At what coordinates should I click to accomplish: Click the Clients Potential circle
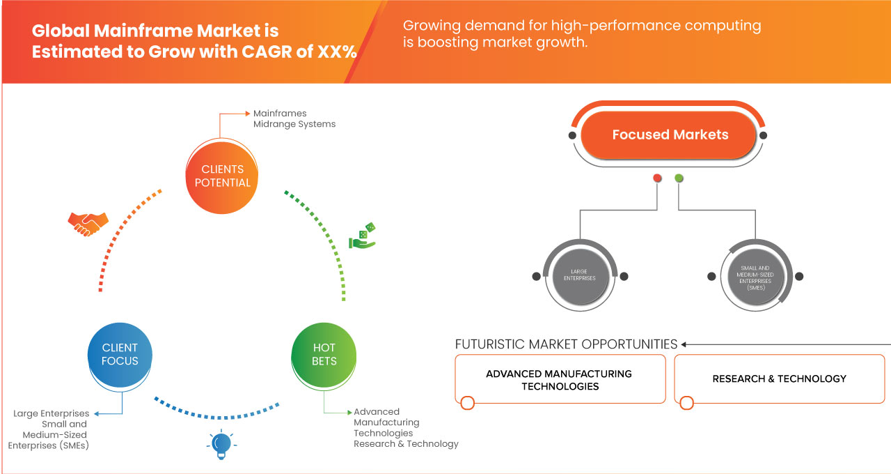(x=223, y=176)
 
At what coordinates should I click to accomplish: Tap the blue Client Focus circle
(x=120, y=354)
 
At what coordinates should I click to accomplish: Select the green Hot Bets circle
(x=324, y=354)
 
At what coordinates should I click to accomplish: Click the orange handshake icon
(x=88, y=223)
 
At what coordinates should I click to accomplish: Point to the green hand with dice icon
(x=362, y=236)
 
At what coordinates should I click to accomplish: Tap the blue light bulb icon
(x=221, y=445)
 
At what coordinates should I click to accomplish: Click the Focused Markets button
(x=670, y=135)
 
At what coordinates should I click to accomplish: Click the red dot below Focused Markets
(x=657, y=178)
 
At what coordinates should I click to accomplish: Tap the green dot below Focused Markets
(x=679, y=178)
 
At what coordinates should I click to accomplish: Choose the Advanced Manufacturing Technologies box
(x=560, y=380)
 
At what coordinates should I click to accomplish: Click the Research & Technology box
(x=779, y=379)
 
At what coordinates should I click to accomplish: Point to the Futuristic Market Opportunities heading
(x=566, y=344)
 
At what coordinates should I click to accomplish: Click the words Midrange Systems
(x=294, y=124)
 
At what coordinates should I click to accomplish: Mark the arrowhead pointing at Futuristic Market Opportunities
(x=684, y=344)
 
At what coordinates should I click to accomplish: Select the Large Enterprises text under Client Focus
(x=52, y=413)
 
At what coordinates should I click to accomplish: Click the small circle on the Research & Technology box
(x=686, y=403)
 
